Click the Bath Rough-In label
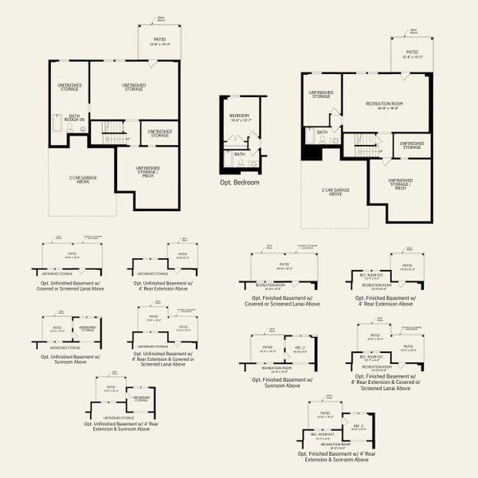74,118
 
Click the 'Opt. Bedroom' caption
240,182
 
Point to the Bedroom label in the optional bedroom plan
239,118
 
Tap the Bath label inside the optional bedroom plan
240,154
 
